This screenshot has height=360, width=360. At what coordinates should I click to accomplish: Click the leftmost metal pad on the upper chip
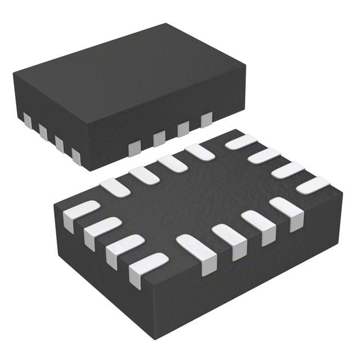coord(27,119)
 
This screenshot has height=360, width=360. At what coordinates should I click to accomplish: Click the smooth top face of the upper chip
coord(124,79)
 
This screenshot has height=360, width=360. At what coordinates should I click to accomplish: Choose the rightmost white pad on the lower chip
coord(313,185)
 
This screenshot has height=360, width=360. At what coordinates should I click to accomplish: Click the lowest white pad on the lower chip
coord(147,268)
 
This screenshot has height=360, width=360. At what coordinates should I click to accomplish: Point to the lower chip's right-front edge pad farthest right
coord(286,211)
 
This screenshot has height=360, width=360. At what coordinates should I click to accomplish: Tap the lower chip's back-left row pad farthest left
coord(115,187)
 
